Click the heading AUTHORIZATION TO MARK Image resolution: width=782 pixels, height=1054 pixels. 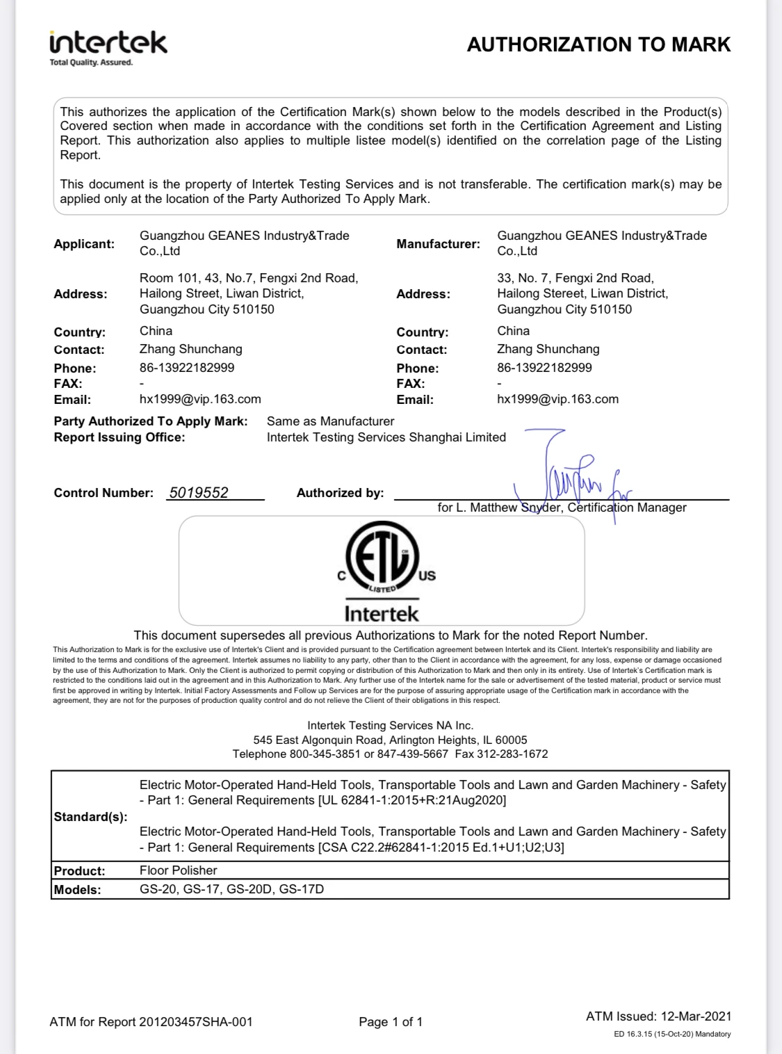[598, 44]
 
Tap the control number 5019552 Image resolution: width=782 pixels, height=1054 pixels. [199, 492]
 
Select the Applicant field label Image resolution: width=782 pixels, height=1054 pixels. [84, 244]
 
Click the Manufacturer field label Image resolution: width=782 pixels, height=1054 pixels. [438, 244]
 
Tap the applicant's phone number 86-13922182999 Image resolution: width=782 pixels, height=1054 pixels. [187, 368]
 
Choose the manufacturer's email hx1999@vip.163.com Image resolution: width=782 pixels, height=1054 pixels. [557, 399]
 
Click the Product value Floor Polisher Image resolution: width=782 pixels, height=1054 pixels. [178, 870]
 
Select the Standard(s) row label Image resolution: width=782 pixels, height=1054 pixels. [90, 817]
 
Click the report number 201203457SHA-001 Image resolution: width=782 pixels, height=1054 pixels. [196, 1022]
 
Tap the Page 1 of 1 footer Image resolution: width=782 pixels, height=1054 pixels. [391, 1022]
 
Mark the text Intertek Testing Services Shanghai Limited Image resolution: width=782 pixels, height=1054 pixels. [386, 437]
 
